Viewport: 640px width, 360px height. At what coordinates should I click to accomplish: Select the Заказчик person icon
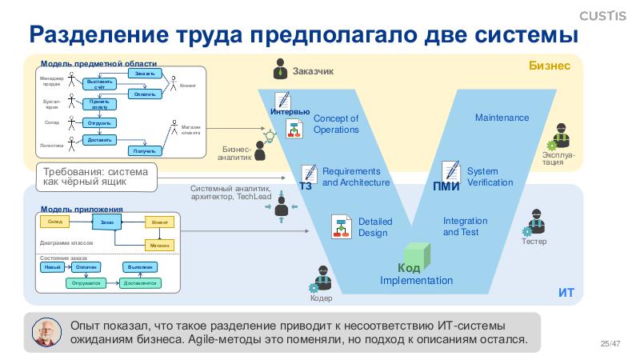[x=280, y=70]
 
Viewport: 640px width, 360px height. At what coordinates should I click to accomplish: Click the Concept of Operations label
[x=336, y=124]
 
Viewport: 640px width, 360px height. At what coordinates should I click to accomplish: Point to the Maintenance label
[x=502, y=118]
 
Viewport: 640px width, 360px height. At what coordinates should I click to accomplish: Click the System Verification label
[x=490, y=177]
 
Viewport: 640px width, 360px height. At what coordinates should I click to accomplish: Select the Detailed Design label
[x=373, y=227]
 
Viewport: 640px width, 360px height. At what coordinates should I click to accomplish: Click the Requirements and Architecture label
[x=355, y=177]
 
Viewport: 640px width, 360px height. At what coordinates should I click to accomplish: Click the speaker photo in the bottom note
[x=47, y=332]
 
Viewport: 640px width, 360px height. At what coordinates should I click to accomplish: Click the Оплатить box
[x=145, y=94]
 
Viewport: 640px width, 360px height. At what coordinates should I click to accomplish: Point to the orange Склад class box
[x=55, y=221]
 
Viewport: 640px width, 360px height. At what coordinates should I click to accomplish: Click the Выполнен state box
[x=138, y=267]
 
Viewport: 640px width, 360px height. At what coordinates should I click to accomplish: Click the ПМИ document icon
[x=451, y=171]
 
